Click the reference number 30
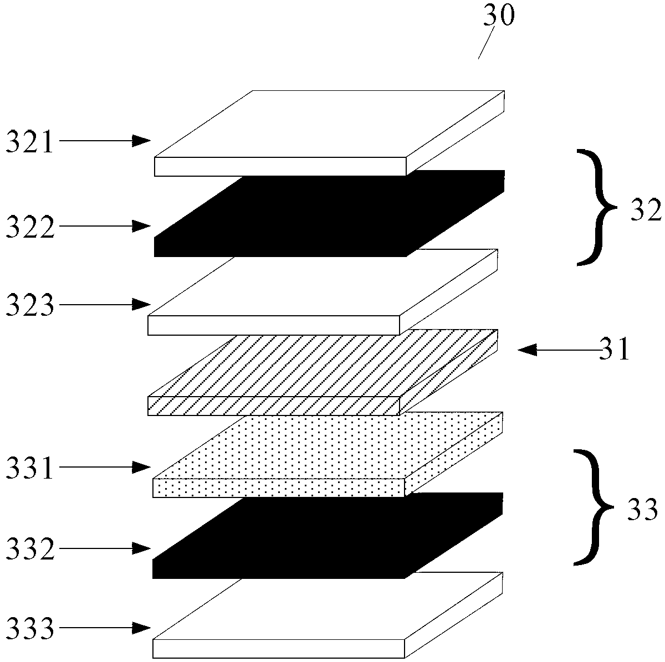pyautogui.click(x=499, y=15)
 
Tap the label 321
pyautogui.click(x=30, y=141)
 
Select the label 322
pyautogui.click(x=30, y=227)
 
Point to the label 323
pyautogui.click(x=30, y=305)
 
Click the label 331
pyautogui.click(x=30, y=468)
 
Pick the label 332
pyautogui.click(x=30, y=548)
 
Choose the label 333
pyautogui.click(x=30, y=628)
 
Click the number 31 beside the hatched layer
pyautogui.click(x=614, y=349)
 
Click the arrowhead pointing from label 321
pyautogui.click(x=141, y=141)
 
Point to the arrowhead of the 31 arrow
pyautogui.click(x=527, y=350)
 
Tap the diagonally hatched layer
pyautogui.click(x=323, y=373)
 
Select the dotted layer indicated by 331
pyautogui.click(x=328, y=454)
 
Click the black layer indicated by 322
pyautogui.click(x=329, y=213)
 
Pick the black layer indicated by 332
pyautogui.click(x=328, y=536)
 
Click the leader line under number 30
pyautogui.click(x=486, y=43)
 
